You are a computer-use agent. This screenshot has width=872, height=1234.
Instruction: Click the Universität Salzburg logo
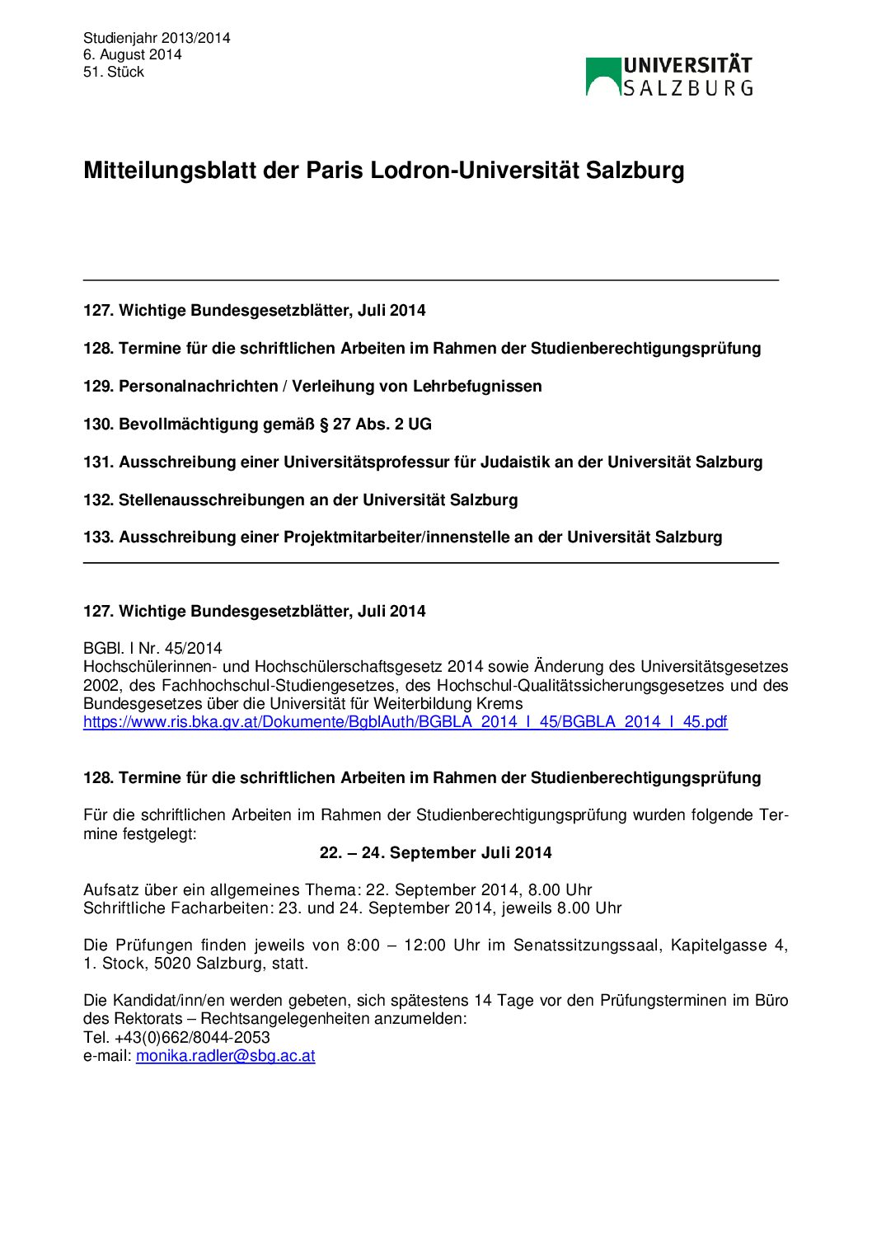click(x=669, y=77)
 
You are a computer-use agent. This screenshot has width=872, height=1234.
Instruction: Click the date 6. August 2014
click(x=132, y=55)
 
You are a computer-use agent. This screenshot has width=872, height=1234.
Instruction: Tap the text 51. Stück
click(x=114, y=73)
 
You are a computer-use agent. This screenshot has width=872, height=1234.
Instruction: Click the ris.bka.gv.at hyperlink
click(x=405, y=722)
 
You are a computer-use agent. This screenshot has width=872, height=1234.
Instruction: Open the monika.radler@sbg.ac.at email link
click(x=225, y=1056)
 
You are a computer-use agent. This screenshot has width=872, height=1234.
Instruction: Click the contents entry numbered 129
click(x=312, y=387)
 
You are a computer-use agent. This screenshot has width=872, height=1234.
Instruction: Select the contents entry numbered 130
click(x=257, y=425)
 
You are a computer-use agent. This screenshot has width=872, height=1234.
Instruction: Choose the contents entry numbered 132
click(x=300, y=500)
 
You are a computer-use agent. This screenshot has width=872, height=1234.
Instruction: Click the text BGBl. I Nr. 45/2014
click(x=152, y=649)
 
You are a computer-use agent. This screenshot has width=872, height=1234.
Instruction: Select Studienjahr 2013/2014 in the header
click(x=157, y=38)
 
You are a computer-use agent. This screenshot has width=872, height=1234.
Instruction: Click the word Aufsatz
click(x=110, y=890)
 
